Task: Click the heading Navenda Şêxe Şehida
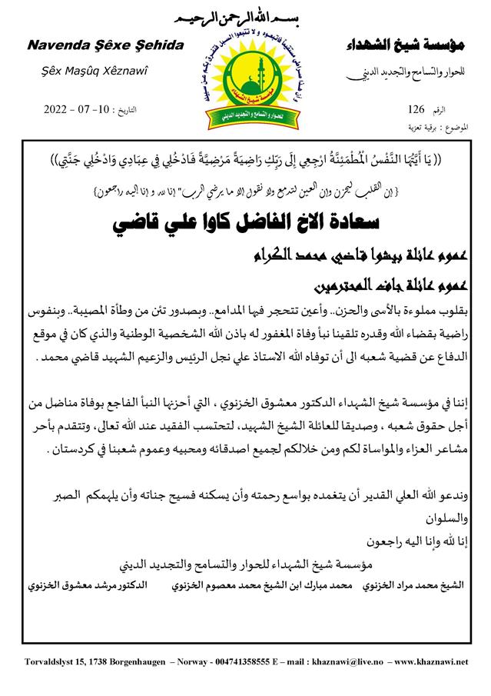pyautogui.click(x=105, y=46)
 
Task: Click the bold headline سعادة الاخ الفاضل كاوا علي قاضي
pyautogui.click(x=246, y=227)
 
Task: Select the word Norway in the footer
pyautogui.click(x=160, y=661)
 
